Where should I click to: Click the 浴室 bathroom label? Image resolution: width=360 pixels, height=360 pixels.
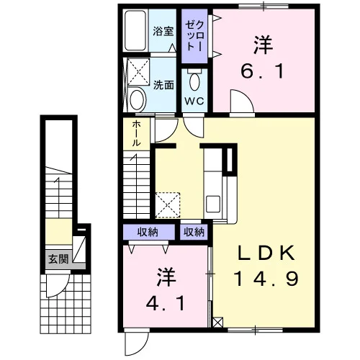coord(163,31)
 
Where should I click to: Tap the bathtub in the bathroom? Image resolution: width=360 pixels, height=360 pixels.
coord(135,30)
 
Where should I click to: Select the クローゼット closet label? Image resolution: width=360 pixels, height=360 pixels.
coord(194,35)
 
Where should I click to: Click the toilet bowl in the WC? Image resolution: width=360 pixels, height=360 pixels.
coord(194,81)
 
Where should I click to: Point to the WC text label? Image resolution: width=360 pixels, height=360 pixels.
coord(194,101)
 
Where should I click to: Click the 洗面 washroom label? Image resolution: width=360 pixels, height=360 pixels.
coord(163,85)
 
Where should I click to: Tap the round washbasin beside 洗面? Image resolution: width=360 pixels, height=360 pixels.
coord(138,99)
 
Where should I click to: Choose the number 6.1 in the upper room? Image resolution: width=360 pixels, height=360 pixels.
coord(262,71)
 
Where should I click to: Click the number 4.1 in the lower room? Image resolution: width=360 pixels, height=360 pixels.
coord(166,303)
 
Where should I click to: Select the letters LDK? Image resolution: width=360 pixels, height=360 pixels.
coord(266,253)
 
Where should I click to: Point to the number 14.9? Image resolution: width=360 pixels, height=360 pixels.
coord(266,279)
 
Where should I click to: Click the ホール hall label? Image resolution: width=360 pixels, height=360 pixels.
coord(136,133)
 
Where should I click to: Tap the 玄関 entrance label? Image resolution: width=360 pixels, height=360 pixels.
coord(58,259)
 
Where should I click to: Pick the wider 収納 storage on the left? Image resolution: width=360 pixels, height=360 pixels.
coord(149,232)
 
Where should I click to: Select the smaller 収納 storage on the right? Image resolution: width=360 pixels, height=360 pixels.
coord(194,232)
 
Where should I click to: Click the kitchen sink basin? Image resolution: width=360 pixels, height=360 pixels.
coord(213,204)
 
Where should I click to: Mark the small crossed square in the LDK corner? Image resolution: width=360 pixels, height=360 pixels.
coord(218,323)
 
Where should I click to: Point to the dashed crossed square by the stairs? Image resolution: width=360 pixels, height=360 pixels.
coord(168,205)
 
